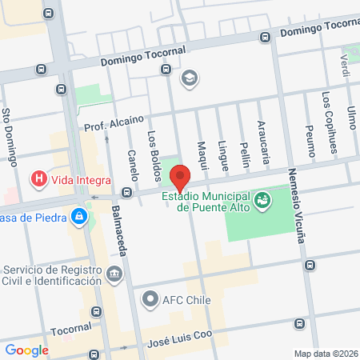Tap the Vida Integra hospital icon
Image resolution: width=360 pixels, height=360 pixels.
tap(38, 179)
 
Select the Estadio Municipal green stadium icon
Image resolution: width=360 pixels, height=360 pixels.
tap(262, 199)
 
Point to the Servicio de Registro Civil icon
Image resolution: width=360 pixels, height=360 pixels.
tap(115, 274)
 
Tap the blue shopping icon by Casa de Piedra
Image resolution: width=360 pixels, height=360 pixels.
tap(79, 216)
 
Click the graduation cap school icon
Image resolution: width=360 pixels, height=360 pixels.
tap(189, 78)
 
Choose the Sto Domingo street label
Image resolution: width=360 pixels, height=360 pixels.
tap(10, 137)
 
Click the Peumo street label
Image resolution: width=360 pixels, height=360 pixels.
tap(310, 139)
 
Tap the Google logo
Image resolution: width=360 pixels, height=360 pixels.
tap(27, 350)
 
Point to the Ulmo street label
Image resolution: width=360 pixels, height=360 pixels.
tap(351, 122)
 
